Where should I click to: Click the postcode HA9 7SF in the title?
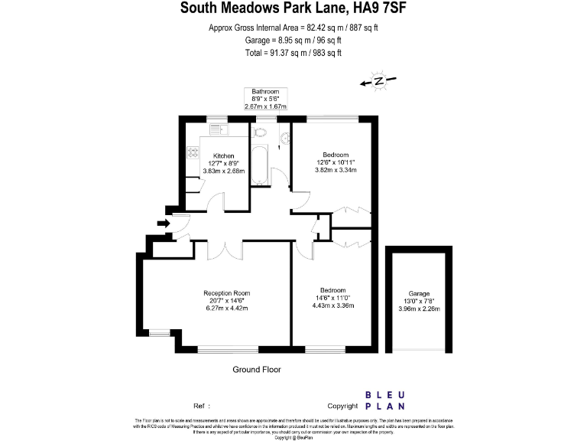(x=376, y=9)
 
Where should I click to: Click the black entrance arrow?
(x=163, y=223)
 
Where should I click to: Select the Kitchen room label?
(x=223, y=155)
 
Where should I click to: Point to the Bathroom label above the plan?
(x=266, y=92)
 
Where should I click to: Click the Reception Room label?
(x=226, y=293)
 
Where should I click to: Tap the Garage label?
(x=419, y=294)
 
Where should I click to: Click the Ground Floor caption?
(x=256, y=369)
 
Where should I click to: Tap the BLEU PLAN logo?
(x=385, y=400)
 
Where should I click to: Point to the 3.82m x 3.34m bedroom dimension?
(x=336, y=170)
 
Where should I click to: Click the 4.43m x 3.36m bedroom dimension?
(x=333, y=305)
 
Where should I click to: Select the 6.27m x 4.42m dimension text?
(x=226, y=308)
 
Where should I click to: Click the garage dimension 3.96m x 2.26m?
(x=419, y=309)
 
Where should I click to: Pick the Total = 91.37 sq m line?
(x=293, y=53)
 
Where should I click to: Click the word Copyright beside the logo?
(x=343, y=405)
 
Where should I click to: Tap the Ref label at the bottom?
(x=201, y=405)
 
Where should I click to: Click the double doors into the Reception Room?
(x=225, y=250)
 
